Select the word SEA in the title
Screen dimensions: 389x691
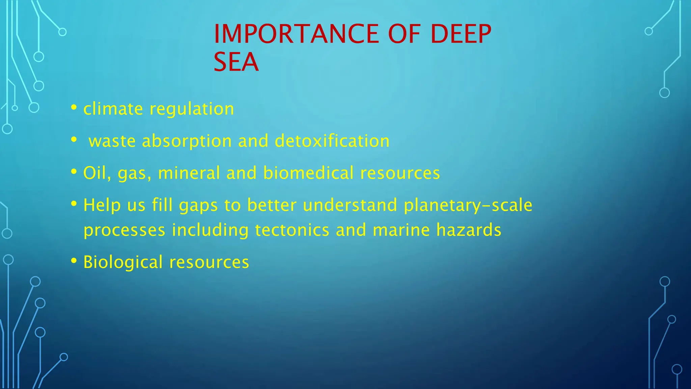(x=236, y=62)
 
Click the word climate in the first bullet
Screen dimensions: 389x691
(x=113, y=109)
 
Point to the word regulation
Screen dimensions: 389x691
(x=192, y=109)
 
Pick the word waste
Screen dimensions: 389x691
(x=112, y=141)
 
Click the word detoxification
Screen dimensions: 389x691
(x=332, y=141)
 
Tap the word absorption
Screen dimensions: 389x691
(x=187, y=141)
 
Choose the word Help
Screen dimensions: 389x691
(x=102, y=205)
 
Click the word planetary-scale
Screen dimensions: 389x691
(x=468, y=205)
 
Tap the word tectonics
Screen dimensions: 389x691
(x=292, y=230)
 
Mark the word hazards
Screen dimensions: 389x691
(x=469, y=230)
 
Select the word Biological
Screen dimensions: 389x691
(x=123, y=262)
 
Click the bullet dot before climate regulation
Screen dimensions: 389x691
(x=74, y=108)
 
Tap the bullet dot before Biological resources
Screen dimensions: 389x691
(x=74, y=261)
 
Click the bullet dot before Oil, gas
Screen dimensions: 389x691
(x=74, y=172)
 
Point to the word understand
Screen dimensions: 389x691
(x=350, y=205)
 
